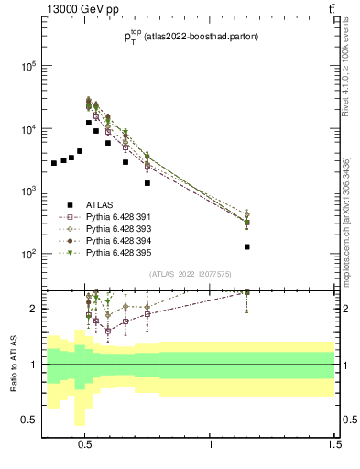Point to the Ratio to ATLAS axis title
tap(12, 364)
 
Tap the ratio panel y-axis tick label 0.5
tap(30, 420)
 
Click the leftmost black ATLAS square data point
tap(54, 163)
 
